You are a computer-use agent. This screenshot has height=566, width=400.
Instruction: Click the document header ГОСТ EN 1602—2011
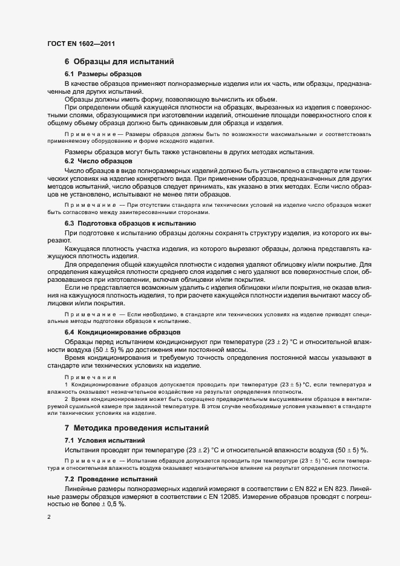click(80, 44)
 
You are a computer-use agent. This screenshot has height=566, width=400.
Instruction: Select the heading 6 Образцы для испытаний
click(120, 62)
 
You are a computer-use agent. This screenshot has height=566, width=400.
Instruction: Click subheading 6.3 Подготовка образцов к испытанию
click(130, 223)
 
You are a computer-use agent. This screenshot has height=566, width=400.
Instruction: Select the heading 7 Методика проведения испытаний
click(137, 428)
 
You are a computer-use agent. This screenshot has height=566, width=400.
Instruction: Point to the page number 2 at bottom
click(49, 517)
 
